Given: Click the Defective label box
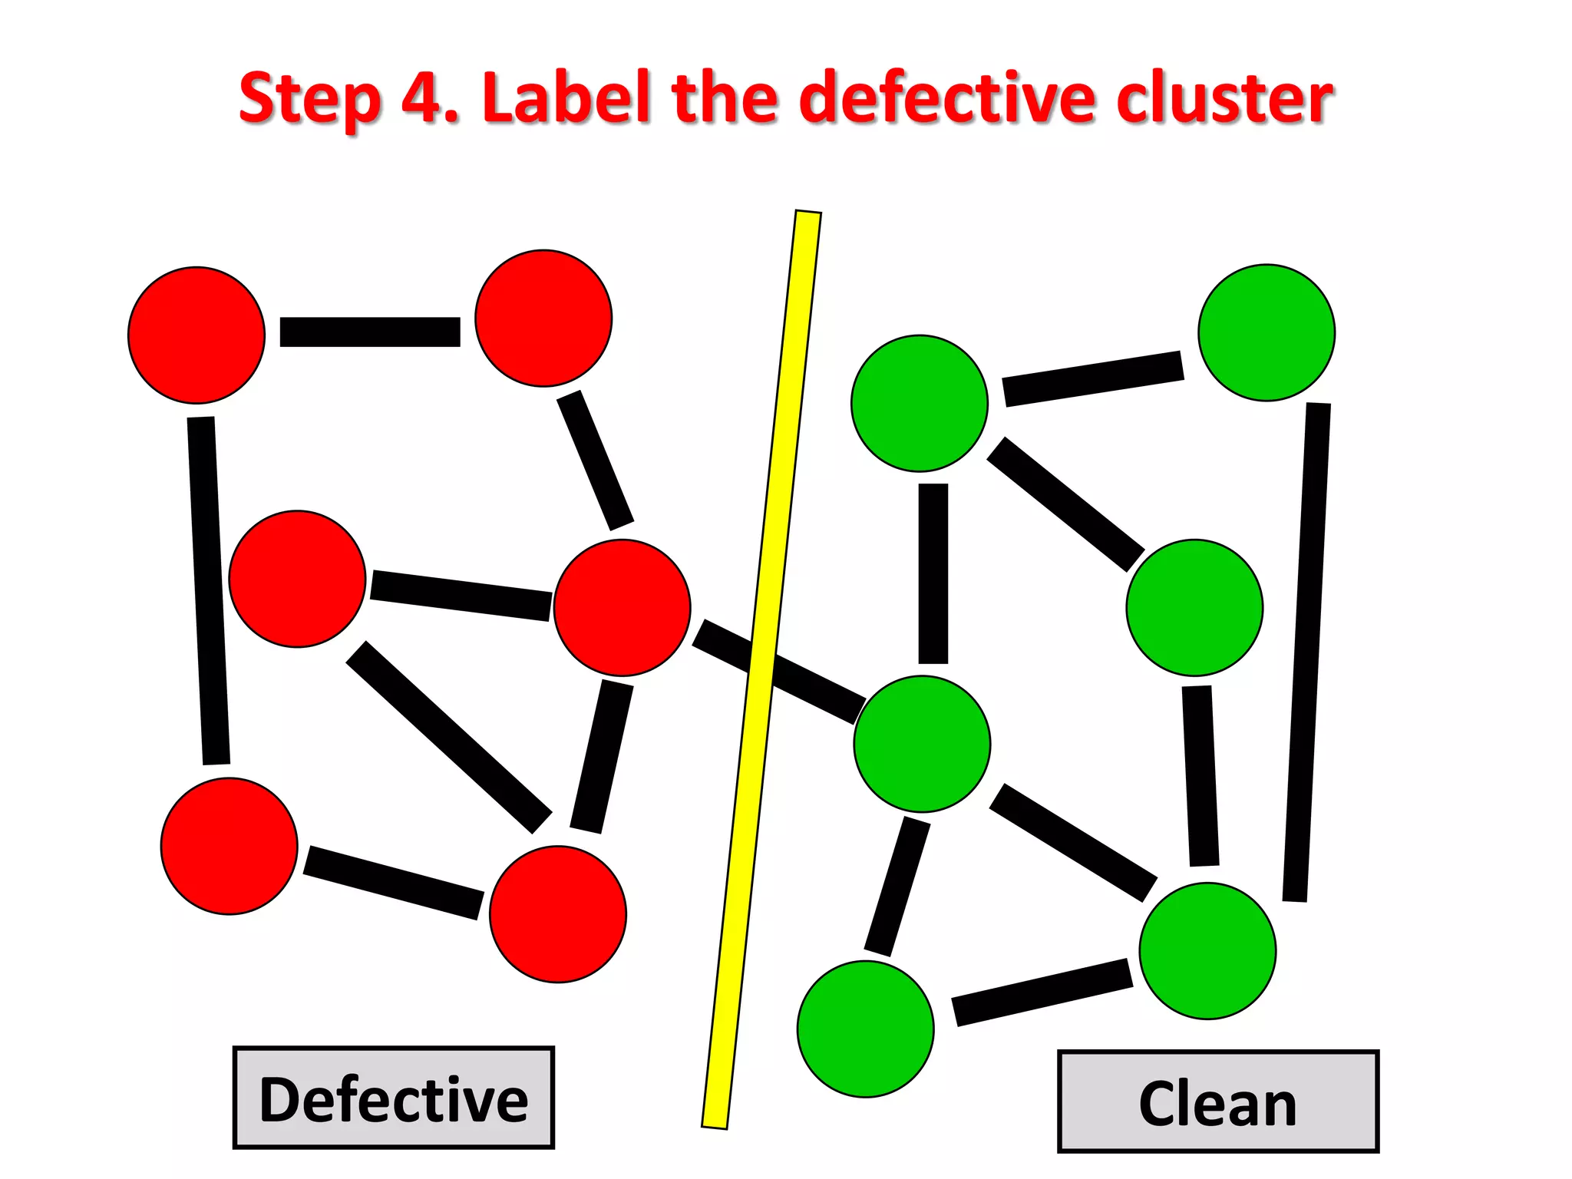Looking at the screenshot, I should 393,1098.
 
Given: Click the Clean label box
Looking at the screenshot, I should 1217,1101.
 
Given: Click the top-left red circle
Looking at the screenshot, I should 196,335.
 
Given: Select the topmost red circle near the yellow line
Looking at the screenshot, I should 543,318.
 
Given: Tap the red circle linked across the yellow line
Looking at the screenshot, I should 622,607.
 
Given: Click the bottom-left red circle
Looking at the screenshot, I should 229,846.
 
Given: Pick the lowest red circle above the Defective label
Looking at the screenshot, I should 558,913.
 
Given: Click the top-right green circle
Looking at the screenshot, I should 1267,332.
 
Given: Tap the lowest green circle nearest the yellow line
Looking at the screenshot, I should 865,1029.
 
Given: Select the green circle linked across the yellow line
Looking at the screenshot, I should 922,744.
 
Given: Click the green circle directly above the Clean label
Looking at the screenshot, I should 1207,950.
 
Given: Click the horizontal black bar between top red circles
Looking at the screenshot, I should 370,332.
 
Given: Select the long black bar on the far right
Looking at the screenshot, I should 1306,652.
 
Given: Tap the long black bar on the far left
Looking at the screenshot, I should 208,591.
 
